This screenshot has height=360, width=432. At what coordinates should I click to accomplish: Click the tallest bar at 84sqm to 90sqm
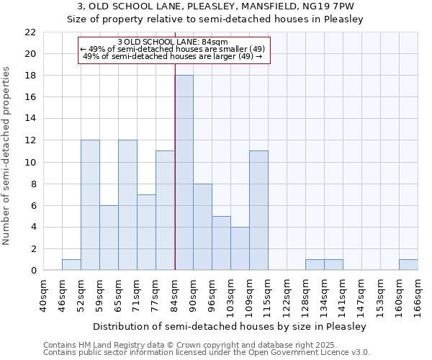click(184, 173)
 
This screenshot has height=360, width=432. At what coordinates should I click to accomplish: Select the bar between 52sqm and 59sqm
click(90, 205)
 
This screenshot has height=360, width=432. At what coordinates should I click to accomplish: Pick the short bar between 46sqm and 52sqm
click(71, 265)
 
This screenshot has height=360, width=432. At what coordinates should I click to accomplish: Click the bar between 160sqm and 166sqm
click(408, 265)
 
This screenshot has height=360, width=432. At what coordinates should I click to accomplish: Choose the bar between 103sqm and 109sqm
click(240, 248)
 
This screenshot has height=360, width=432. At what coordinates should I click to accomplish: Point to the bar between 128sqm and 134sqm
click(315, 265)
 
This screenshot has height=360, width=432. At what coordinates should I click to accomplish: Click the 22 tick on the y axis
click(30, 32)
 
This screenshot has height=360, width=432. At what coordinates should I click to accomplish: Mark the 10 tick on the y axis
click(30, 163)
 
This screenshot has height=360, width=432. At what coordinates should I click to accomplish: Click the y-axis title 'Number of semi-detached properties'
click(7, 155)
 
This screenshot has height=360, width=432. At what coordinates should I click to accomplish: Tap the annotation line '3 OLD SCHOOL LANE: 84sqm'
click(173, 42)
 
